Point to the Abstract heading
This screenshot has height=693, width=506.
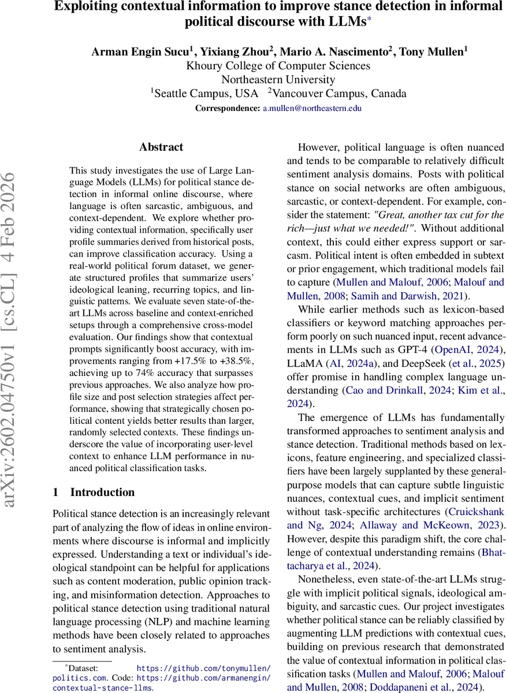coord(161,147)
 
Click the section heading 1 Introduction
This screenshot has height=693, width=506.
coord(94,492)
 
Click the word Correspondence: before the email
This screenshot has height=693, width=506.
coord(228,109)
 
